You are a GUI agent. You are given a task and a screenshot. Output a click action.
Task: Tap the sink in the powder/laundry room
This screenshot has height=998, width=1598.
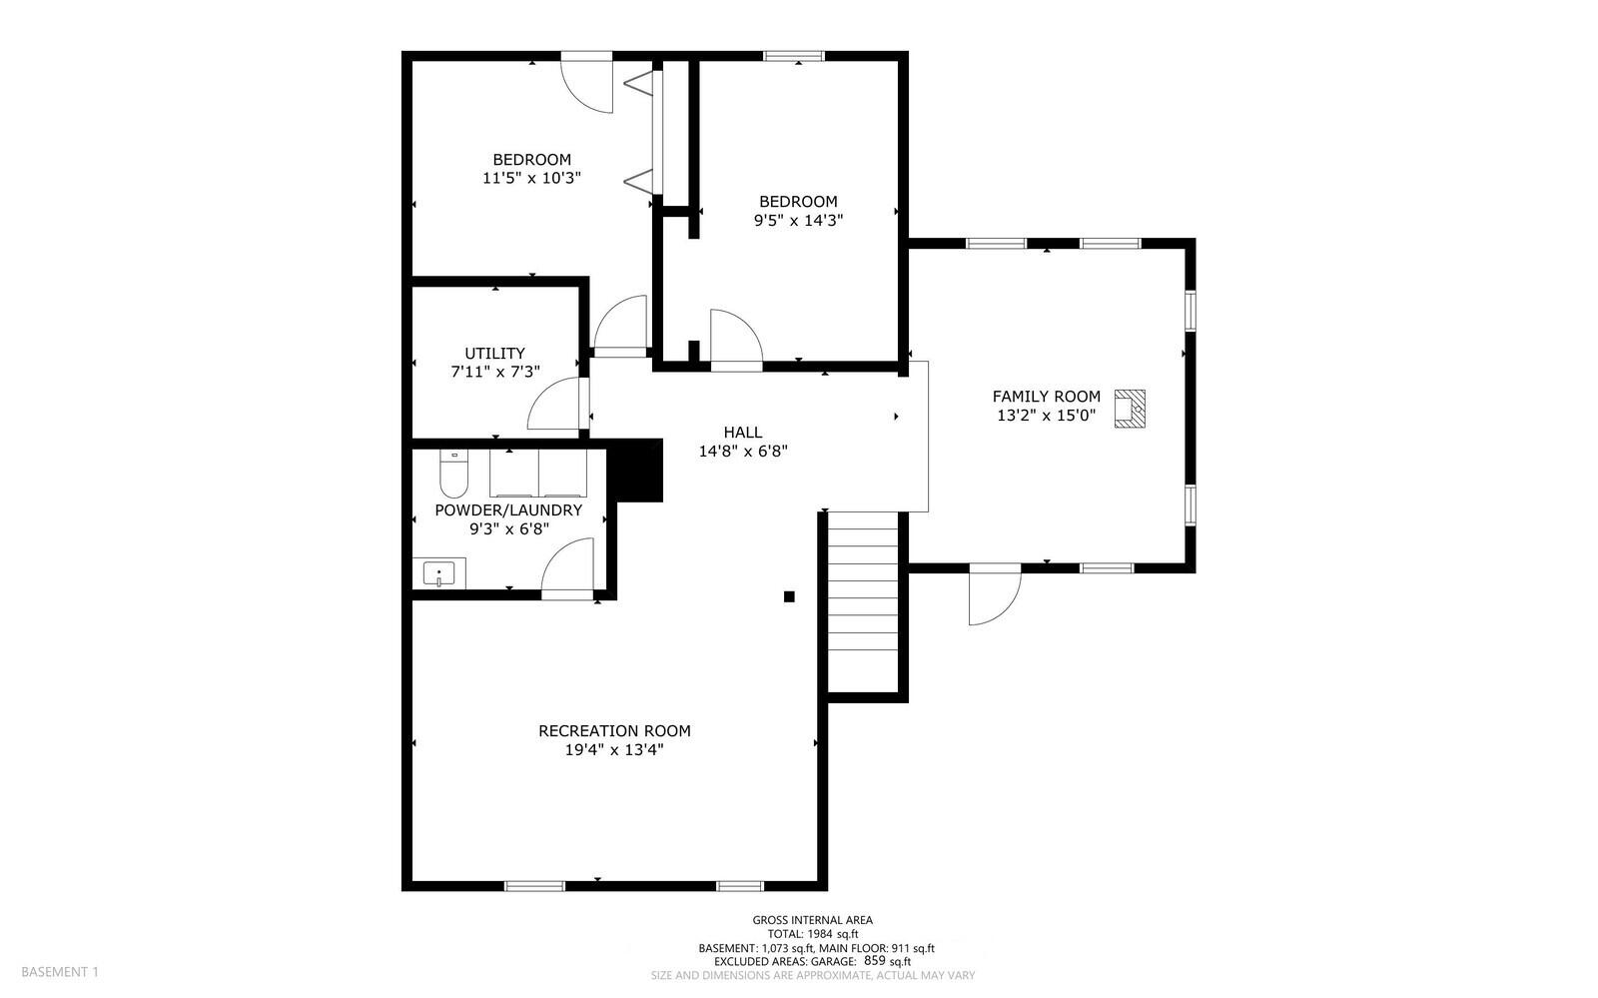point(438,574)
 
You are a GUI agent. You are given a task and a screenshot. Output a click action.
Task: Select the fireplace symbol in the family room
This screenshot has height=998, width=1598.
point(1130,409)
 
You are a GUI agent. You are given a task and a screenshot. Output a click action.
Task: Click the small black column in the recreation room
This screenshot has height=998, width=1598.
point(789,596)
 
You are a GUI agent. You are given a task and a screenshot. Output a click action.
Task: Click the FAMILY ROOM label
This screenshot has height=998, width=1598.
point(1046,397)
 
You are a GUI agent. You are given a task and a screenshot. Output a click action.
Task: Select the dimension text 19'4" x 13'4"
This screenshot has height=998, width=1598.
point(614,749)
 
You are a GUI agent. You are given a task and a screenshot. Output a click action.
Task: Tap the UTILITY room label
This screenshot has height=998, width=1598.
point(494,354)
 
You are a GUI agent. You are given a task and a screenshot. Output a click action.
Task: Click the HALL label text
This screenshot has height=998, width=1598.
point(743,433)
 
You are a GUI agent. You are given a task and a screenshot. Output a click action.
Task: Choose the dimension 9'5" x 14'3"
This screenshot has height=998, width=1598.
point(798,220)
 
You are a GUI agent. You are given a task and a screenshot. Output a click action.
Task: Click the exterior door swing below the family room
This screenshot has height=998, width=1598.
point(994,595)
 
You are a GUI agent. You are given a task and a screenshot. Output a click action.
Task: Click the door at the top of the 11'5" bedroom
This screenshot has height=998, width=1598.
point(586,83)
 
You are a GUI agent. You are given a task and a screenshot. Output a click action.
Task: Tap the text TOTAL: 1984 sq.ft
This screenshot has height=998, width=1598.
point(812,934)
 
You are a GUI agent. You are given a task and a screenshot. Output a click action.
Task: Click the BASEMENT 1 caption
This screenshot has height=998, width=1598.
point(60,971)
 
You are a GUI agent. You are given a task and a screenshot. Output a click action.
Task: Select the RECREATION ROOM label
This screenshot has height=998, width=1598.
point(614,731)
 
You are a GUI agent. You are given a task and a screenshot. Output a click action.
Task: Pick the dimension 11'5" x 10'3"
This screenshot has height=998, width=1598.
point(531,178)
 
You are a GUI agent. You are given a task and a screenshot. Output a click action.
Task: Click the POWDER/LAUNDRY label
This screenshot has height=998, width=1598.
point(508,510)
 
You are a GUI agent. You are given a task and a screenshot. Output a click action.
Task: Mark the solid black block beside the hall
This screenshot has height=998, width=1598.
point(639,471)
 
